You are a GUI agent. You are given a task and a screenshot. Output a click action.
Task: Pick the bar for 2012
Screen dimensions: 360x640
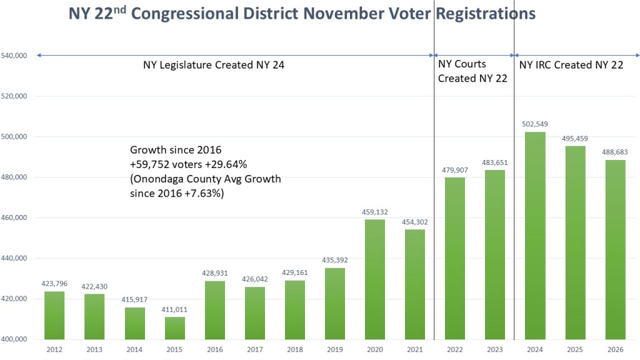[x=54, y=315]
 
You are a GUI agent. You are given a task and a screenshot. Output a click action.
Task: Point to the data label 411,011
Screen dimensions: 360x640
[x=174, y=309]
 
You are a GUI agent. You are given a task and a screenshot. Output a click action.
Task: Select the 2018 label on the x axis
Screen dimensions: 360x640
[x=295, y=350]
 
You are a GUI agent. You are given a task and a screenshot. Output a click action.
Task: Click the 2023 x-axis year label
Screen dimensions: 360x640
[x=495, y=350]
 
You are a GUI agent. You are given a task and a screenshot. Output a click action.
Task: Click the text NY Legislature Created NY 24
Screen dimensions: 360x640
[x=214, y=64]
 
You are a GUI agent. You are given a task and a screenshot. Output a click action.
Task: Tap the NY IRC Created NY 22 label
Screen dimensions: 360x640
[x=571, y=64]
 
